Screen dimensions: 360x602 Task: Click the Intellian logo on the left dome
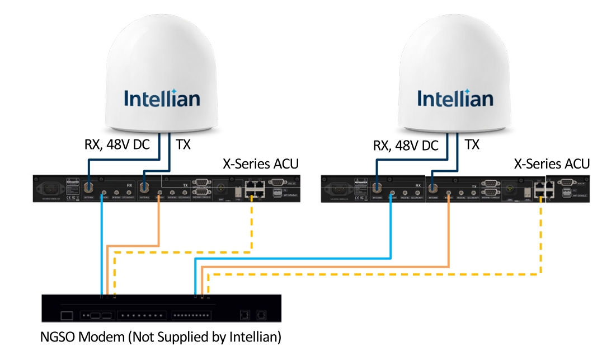[x=162, y=99]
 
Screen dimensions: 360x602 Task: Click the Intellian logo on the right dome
[x=455, y=99]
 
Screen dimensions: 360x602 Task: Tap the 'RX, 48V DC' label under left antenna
[x=117, y=145]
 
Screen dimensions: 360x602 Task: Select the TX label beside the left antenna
[x=183, y=145]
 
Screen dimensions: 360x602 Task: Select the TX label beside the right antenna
[x=472, y=145]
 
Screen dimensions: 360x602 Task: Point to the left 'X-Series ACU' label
[x=261, y=164]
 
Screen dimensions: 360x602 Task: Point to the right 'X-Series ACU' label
[x=552, y=163]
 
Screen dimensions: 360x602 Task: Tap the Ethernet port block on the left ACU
[x=255, y=189]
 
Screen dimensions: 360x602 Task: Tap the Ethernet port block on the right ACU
[x=541, y=189]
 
